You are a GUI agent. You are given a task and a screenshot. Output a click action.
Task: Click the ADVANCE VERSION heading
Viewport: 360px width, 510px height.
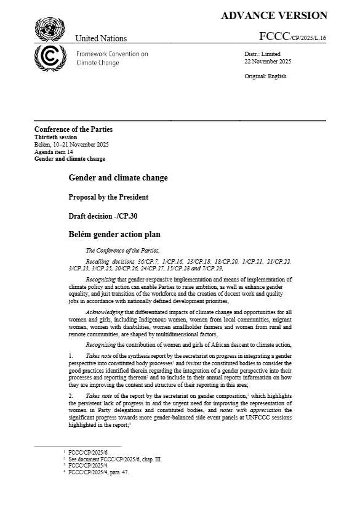point(274,16)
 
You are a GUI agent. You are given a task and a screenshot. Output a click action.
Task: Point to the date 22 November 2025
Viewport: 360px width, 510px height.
point(268,62)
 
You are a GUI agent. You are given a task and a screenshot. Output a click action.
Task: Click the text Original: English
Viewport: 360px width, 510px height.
point(265,76)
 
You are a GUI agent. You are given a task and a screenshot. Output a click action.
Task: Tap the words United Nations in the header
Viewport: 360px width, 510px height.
point(101,38)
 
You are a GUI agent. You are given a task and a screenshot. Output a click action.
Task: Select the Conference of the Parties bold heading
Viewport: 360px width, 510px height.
point(73,129)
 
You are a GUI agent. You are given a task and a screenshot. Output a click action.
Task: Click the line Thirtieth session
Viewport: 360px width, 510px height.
point(56,137)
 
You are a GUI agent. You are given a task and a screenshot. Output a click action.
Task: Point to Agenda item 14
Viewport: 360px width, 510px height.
point(54,152)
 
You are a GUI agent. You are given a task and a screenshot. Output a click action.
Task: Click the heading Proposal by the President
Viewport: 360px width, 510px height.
point(108,197)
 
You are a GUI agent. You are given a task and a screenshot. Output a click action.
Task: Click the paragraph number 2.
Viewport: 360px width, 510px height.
point(71,392)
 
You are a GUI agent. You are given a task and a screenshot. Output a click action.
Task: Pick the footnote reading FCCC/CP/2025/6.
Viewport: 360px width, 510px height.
point(87,451)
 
